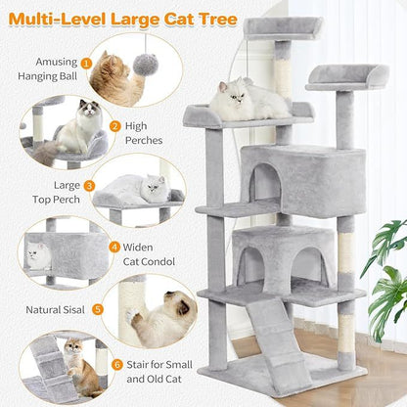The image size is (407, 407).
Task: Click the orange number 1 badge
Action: click(86, 64)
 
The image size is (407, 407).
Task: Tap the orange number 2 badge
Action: click(114, 126)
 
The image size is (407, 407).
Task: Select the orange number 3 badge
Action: click(89, 185)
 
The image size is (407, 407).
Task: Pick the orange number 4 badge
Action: click(114, 248)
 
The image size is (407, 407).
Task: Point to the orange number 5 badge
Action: click(97, 309)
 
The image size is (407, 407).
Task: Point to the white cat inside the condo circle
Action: click(39, 257)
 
